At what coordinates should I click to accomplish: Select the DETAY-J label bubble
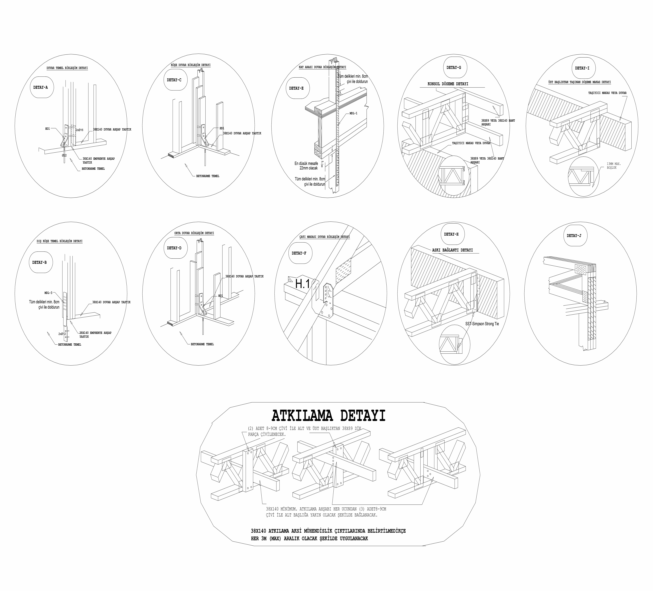pos(574,236)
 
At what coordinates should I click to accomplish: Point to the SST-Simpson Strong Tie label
pos(482,324)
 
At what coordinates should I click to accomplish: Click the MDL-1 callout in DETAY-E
pos(353,113)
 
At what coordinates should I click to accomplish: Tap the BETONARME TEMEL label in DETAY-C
pos(208,176)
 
